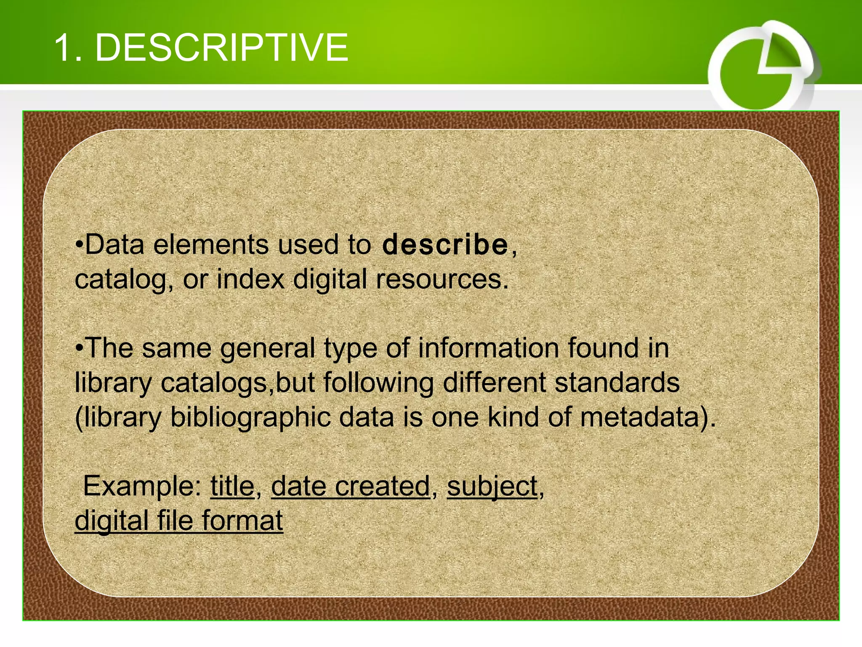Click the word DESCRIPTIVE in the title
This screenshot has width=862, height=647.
click(222, 48)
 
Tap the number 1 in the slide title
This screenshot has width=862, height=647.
click(63, 48)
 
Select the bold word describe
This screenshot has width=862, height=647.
click(445, 245)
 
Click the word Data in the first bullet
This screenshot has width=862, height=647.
click(115, 245)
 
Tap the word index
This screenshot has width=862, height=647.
click(250, 279)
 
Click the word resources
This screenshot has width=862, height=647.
click(442, 279)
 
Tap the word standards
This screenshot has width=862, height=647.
click(617, 383)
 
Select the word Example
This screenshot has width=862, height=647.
click(142, 487)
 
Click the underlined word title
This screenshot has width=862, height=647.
click(232, 487)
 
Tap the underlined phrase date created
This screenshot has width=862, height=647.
click(350, 487)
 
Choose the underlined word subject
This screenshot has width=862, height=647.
click(492, 487)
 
